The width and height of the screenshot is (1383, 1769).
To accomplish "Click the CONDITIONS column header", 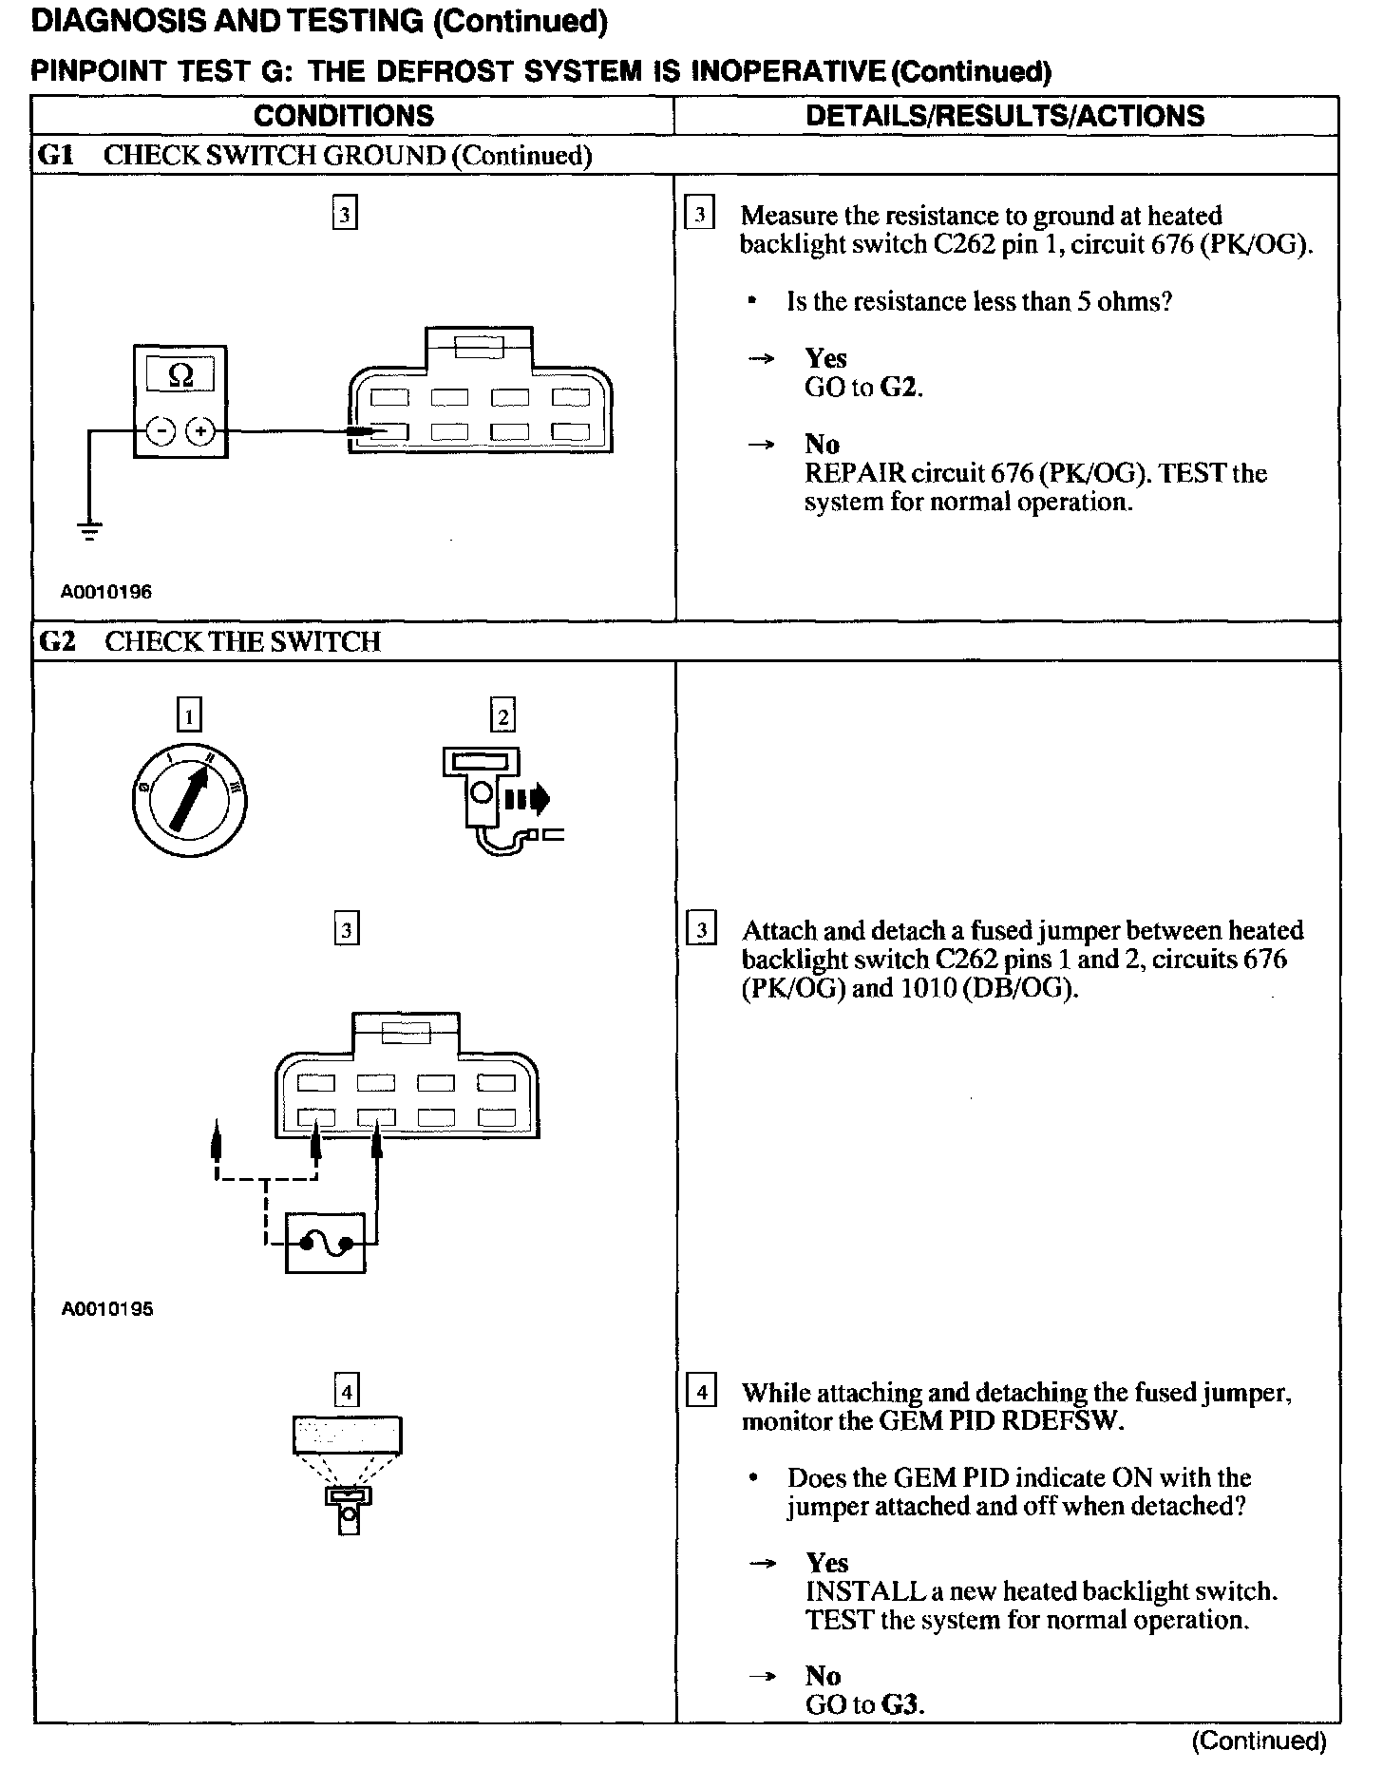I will pos(343,116).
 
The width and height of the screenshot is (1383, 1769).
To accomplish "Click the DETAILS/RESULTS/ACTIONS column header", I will pos(1005,116).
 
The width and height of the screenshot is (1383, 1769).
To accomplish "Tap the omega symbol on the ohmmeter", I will pos(180,375).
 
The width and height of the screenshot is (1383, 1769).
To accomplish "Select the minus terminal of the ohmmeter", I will pos(162,432).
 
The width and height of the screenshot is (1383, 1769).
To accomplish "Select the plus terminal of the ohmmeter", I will pos(199,432).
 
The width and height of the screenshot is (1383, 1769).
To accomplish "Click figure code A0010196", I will pos(106,592).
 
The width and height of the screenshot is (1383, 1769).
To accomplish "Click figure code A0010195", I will pos(106,1308).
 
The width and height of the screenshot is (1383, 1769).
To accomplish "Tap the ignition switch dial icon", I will pos(195,800).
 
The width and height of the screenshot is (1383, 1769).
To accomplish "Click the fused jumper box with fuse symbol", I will pos(325,1242).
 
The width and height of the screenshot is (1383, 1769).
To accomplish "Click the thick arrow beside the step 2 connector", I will pos(528,798).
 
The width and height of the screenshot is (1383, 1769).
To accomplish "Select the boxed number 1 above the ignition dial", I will pos(190,714).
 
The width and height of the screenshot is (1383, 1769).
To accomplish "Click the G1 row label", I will pos(55,155).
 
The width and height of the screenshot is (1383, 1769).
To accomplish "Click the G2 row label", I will pos(56,641).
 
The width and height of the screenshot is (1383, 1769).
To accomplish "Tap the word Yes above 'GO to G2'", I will pos(825,358).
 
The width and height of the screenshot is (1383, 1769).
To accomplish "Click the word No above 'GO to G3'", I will pos(823,1675).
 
